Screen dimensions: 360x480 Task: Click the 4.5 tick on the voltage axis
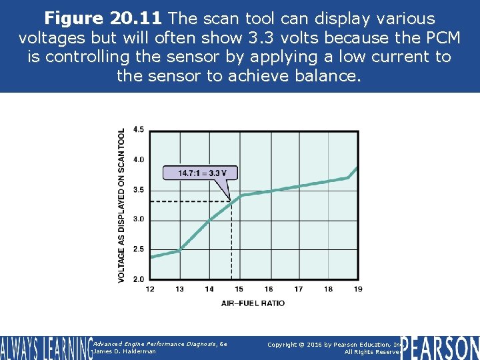[139, 129]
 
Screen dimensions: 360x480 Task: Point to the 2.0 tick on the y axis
[139, 279]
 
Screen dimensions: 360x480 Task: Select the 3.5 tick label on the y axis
[139, 189]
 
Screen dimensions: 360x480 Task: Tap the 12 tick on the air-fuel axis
[149, 289]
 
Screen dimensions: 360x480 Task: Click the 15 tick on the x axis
[239, 289]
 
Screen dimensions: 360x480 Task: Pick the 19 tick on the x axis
[357, 289]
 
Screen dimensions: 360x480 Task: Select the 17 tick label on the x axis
[298, 289]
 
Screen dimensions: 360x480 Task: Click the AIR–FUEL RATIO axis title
[253, 303]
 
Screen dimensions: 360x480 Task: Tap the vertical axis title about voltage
[121, 205]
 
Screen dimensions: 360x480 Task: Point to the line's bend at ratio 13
[180, 250]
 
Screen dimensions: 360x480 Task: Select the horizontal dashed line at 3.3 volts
[190, 201]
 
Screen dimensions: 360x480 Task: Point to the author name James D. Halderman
[125, 351]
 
